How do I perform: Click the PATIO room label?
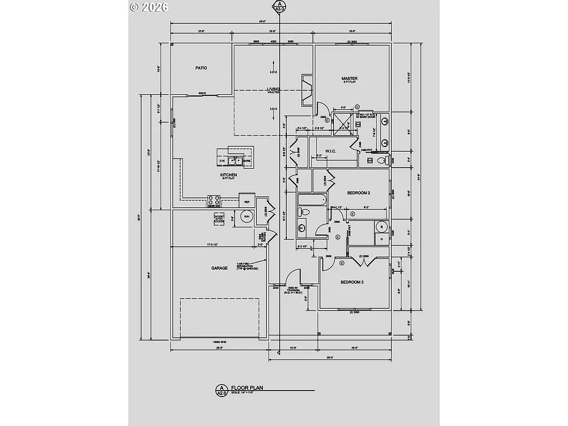pyautogui.click(x=201, y=68)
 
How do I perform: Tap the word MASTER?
pyautogui.click(x=349, y=79)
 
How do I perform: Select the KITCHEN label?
pyautogui.click(x=228, y=175)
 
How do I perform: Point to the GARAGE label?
pyautogui.click(x=219, y=268)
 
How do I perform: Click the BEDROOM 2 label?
pyautogui.click(x=358, y=192)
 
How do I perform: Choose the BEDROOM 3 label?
pyautogui.click(x=352, y=282)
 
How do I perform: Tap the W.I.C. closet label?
pyautogui.click(x=331, y=151)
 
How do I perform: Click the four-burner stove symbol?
pyautogui.click(x=215, y=199)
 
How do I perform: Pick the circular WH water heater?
pyautogui.click(x=246, y=217)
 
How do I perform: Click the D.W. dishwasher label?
pyautogui.click(x=222, y=161)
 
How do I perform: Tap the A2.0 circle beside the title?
pyautogui.click(x=221, y=390)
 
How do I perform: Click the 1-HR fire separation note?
pyautogui.click(x=245, y=266)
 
